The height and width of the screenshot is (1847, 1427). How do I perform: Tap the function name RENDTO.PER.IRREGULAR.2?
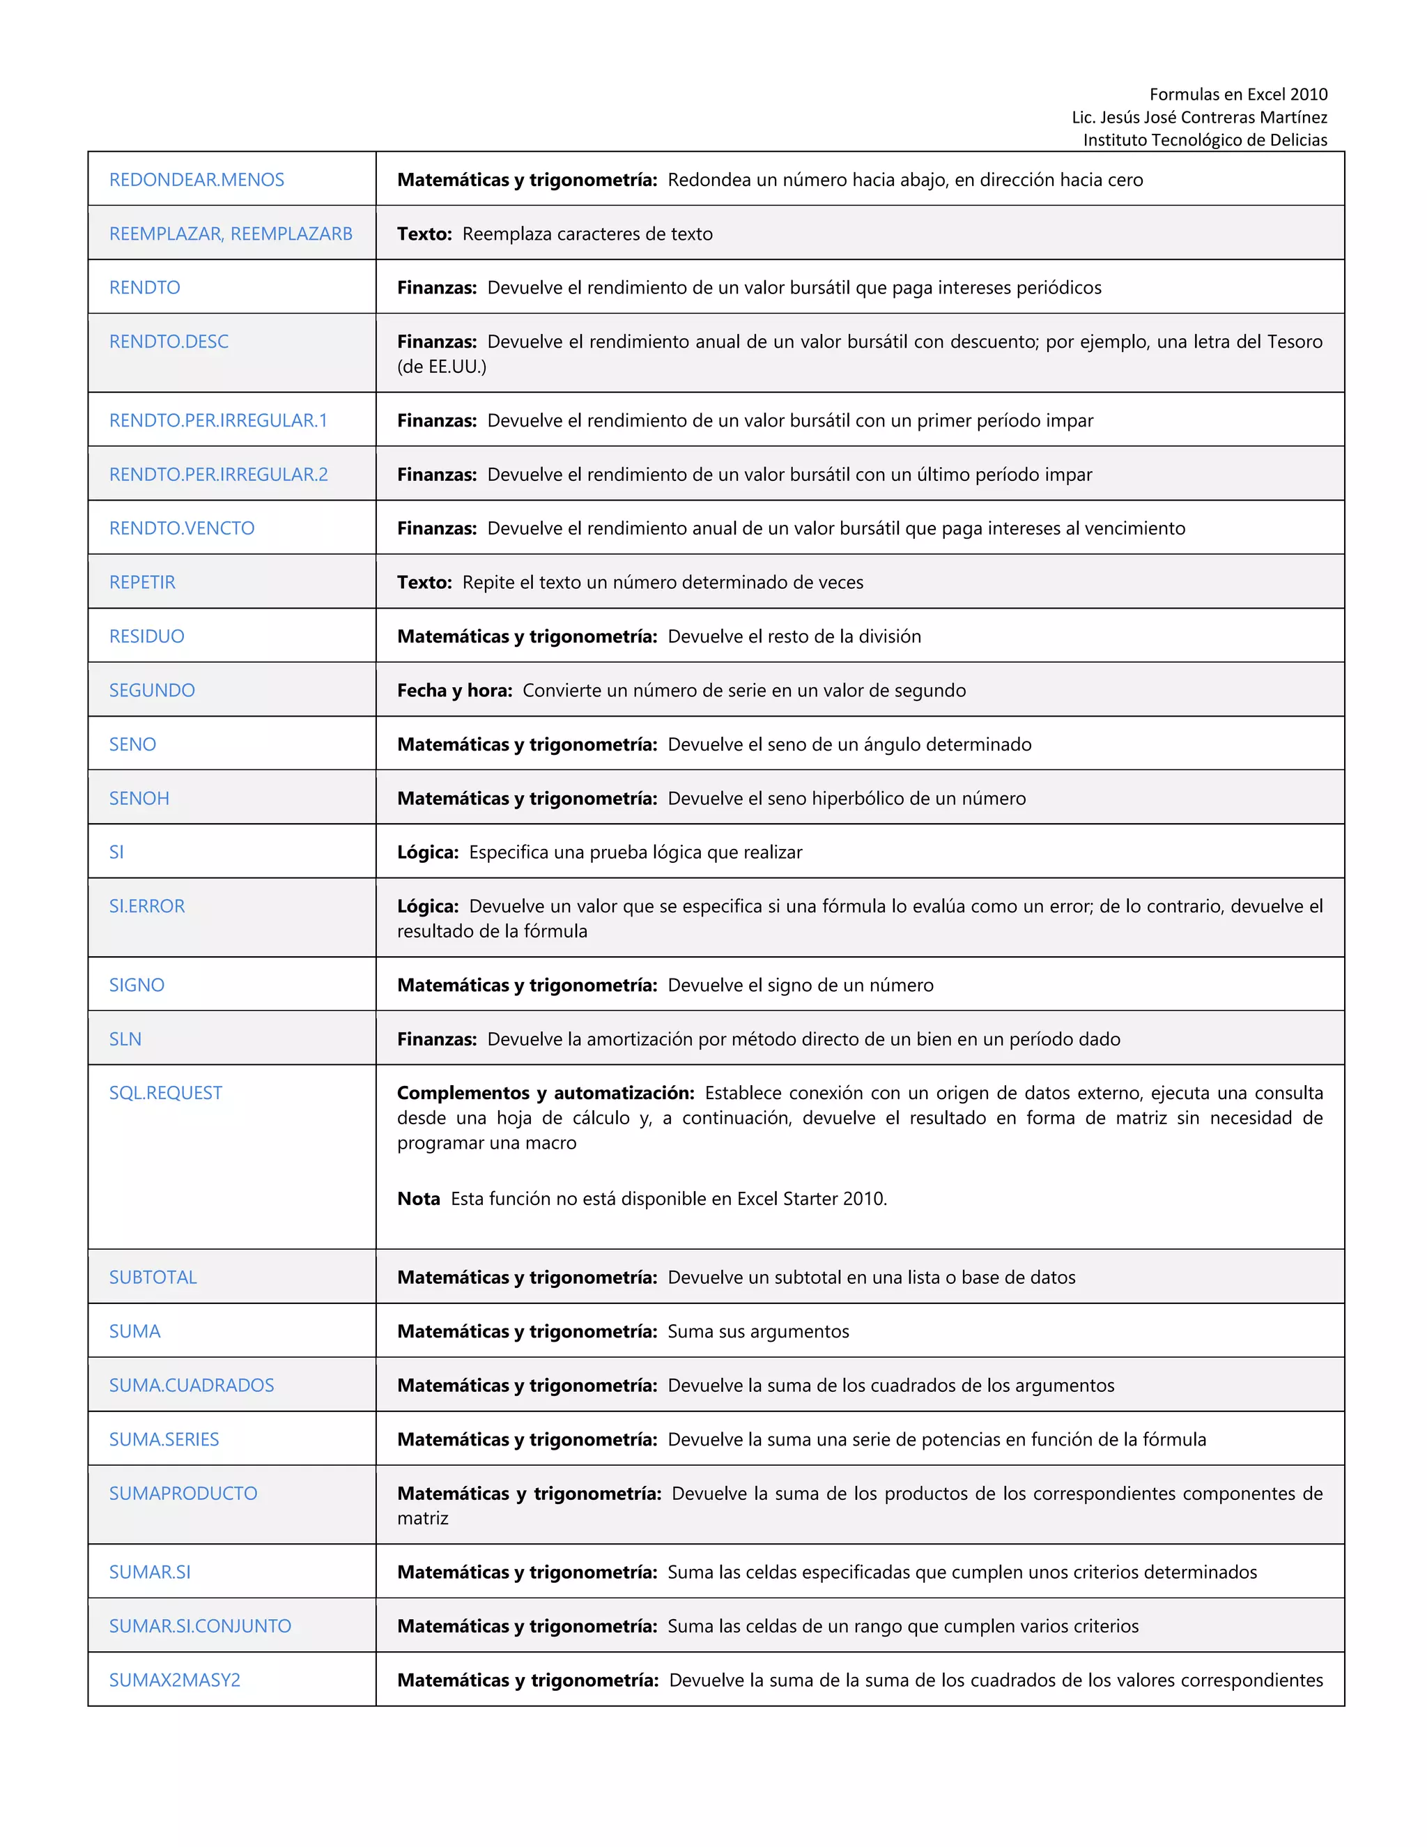coord(218,475)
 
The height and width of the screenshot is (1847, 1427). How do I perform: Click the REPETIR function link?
coord(142,582)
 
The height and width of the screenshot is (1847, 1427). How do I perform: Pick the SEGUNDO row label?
coord(151,690)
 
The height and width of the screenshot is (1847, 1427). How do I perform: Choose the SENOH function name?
coord(139,798)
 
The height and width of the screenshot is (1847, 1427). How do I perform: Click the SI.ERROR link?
coord(146,906)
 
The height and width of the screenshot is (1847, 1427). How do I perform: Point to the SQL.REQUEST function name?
coord(165,1093)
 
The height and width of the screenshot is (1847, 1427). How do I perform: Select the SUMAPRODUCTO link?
coord(183,1494)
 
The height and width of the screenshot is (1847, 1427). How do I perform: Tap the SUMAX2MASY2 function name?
coord(174,1680)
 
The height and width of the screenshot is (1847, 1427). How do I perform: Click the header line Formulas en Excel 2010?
coord(1237,94)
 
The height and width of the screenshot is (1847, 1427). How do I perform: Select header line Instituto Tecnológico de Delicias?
coord(1205,139)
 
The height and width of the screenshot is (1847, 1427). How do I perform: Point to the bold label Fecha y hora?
coord(455,690)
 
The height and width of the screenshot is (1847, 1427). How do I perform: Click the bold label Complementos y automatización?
coord(546,1093)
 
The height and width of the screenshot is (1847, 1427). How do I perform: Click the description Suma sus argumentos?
coord(757,1331)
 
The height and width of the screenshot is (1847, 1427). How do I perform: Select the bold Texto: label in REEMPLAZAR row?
coord(424,233)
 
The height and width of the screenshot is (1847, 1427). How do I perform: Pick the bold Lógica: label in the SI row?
coord(428,852)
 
